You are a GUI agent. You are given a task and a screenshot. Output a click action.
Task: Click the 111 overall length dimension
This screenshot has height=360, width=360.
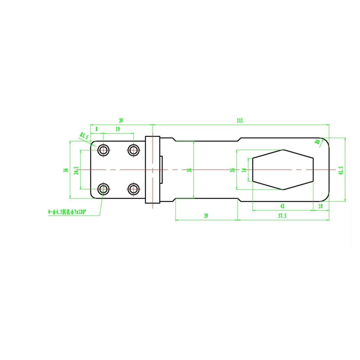(239, 120)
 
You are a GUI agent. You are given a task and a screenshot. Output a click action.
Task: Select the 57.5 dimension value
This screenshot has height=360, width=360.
(282, 216)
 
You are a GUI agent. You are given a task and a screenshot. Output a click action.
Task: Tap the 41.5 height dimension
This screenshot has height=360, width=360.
(341, 170)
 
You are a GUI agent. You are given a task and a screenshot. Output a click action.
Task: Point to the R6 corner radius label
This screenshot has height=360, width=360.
(317, 142)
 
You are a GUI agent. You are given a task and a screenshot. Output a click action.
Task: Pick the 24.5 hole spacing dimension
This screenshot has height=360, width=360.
(76, 170)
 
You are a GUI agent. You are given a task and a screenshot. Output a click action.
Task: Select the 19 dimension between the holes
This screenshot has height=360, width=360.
(117, 129)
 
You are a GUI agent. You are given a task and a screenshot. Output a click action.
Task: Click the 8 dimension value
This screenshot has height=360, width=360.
(97, 129)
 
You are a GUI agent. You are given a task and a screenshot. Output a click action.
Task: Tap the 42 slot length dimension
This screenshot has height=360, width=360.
(282, 206)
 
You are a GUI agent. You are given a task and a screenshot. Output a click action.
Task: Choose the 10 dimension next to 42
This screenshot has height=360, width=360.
(320, 206)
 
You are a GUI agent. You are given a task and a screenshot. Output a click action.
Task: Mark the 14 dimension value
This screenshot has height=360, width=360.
(244, 170)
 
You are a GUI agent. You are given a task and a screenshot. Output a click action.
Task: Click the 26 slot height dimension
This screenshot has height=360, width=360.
(232, 170)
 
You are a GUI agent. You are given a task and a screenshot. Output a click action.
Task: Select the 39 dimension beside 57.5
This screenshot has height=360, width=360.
(206, 216)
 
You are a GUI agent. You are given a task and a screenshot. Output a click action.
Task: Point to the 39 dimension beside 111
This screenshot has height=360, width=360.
(121, 120)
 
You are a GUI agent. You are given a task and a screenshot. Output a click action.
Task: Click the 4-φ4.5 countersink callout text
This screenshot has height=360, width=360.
(67, 212)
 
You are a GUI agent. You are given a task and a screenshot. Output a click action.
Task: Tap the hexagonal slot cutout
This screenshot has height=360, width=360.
(283, 169)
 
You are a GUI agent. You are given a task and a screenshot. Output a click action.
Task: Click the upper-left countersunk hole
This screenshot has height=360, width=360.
(103, 150)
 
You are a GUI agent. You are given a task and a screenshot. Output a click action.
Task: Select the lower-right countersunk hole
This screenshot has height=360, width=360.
(133, 189)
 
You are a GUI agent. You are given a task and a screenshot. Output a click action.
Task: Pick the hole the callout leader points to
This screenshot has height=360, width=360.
(103, 189)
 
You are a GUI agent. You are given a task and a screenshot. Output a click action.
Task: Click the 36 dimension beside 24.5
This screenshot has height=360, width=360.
(65, 170)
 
